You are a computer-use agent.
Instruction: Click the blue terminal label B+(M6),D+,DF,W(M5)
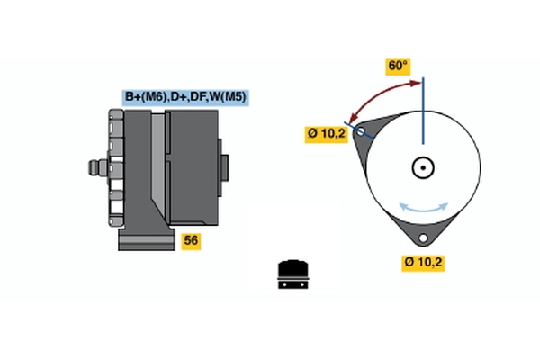186,97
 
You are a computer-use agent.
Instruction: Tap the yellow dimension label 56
191,240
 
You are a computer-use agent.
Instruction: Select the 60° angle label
398,66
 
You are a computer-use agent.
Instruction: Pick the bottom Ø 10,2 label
424,263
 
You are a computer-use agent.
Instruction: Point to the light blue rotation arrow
423,207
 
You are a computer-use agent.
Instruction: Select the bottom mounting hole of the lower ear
422,238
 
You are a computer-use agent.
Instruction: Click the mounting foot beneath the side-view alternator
144,239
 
